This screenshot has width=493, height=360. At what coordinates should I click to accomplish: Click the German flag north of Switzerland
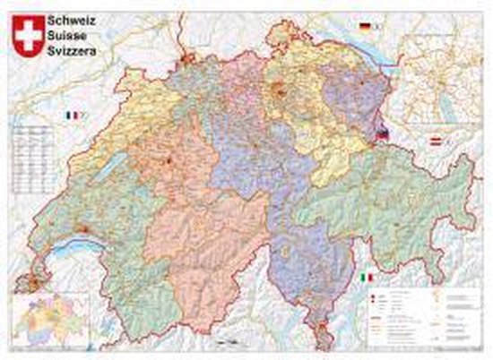click(x=365, y=28)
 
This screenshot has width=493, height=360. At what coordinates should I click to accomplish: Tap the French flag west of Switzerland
click(x=71, y=116)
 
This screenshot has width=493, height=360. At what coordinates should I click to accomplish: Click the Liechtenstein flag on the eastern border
click(x=383, y=134)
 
